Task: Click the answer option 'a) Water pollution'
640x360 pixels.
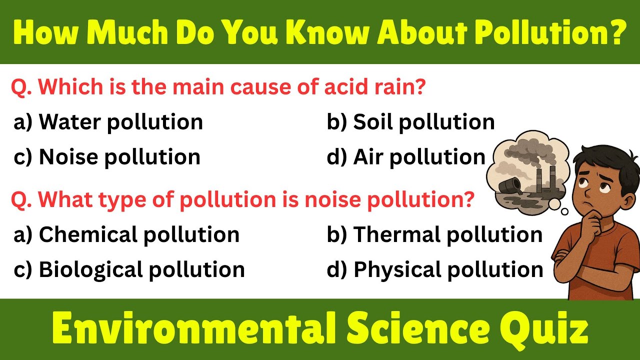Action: (108, 122)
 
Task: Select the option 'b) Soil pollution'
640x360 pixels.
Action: (410, 122)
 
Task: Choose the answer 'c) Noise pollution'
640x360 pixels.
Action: (107, 157)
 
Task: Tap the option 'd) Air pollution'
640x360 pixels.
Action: (406, 157)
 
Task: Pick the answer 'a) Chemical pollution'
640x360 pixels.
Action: (126, 234)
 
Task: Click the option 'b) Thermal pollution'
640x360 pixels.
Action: (434, 234)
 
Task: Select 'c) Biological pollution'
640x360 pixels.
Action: (129, 269)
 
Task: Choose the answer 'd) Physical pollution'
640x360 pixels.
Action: (435, 269)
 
